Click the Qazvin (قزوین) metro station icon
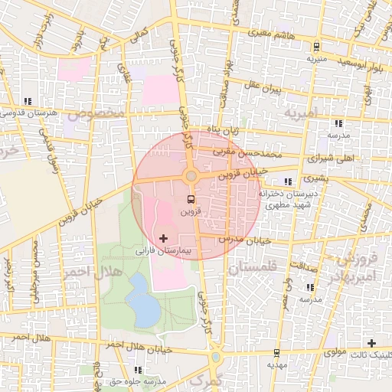pyautogui.click(x=191, y=198)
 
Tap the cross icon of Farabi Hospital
pyautogui.click(x=164, y=239)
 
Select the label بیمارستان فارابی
pyautogui.click(x=166, y=250)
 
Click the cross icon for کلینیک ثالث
pyautogui.click(x=372, y=342)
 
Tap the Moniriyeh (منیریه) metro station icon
pyautogui.click(x=312, y=45)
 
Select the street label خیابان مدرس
pyautogui.click(x=247, y=239)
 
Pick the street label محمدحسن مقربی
pyautogui.click(x=253, y=152)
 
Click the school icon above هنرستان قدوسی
pyautogui.click(x=28, y=101)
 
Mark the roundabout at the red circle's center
pyautogui.click(x=191, y=176)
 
